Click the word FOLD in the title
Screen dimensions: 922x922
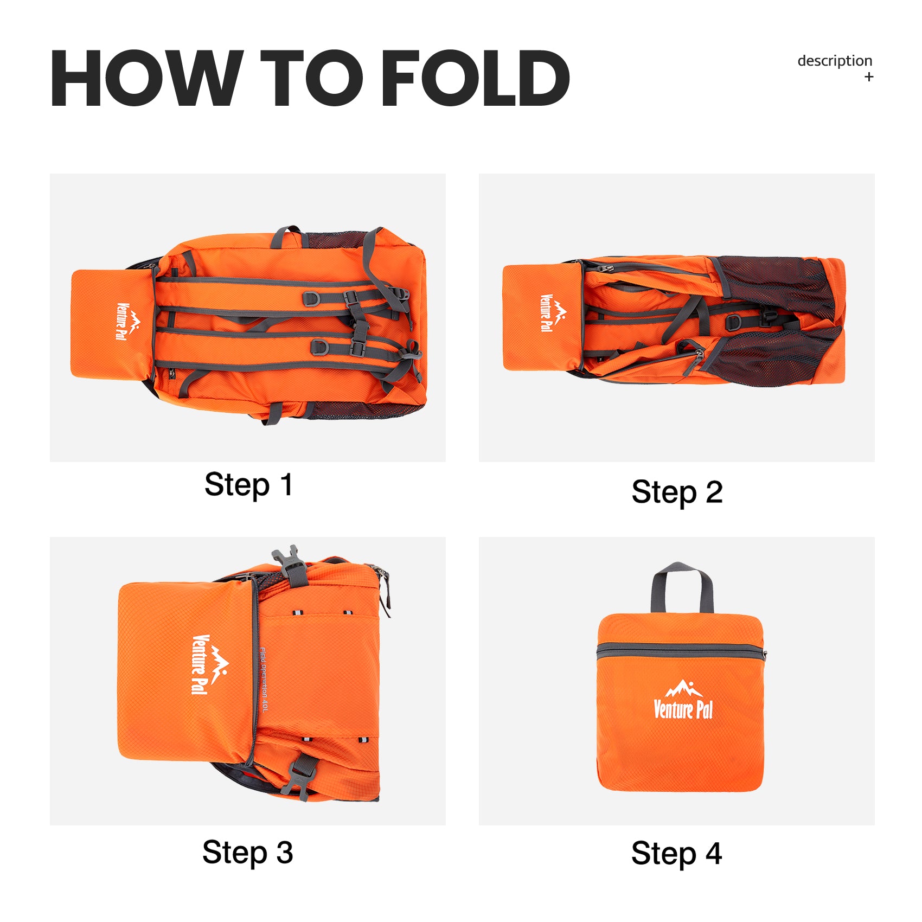point(476,78)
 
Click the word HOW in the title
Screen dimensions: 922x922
point(147,78)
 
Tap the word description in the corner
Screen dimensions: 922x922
point(835,61)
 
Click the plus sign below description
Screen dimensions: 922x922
point(869,77)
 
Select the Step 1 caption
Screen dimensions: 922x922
point(248,484)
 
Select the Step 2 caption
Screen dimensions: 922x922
point(677,492)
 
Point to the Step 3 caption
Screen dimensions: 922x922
point(248,852)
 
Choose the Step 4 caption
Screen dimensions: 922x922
point(676,853)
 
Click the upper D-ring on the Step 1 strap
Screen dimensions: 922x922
point(311,299)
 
